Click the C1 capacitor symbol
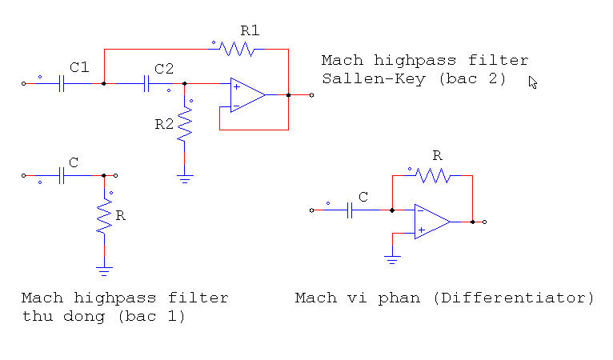(x=62, y=82)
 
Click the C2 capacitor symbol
(x=146, y=82)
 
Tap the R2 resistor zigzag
(x=185, y=125)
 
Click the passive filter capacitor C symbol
(x=62, y=175)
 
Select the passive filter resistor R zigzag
(x=104, y=217)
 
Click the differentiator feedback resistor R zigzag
(x=432, y=175)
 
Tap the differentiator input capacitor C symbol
(x=350, y=210)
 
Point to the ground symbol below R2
(x=185, y=179)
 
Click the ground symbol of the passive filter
(x=104, y=270)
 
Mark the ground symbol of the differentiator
(x=391, y=259)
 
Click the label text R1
(x=250, y=31)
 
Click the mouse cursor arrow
(x=533, y=82)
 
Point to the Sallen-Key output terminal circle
(x=311, y=94)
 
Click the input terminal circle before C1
(x=23, y=82)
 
